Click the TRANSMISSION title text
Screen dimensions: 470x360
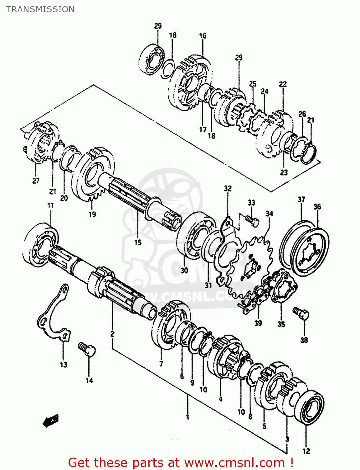(x=40, y=9)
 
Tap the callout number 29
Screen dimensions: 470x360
(x=158, y=26)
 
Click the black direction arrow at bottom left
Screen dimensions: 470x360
(x=50, y=420)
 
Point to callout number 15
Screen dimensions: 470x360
(x=138, y=242)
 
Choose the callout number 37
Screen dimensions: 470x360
(x=301, y=199)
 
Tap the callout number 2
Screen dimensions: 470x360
(x=112, y=334)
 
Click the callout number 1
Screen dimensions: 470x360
(x=188, y=417)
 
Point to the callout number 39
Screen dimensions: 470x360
(x=258, y=323)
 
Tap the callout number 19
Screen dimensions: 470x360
(x=92, y=214)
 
